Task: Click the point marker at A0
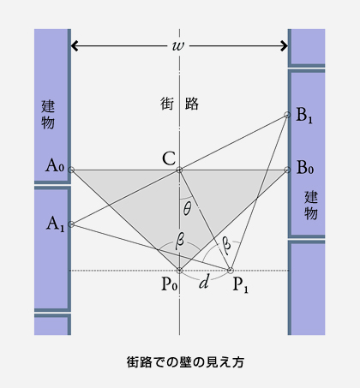(x=71, y=170)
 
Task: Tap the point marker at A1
(x=71, y=224)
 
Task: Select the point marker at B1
(x=287, y=115)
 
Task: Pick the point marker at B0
(x=287, y=170)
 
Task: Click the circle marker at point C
(x=179, y=170)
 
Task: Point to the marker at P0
(x=179, y=270)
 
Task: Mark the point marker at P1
(x=230, y=270)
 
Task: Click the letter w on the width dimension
(x=178, y=45)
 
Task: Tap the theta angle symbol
(x=187, y=209)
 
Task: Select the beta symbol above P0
(x=180, y=241)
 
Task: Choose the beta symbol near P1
(x=226, y=245)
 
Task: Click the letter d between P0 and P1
(x=204, y=282)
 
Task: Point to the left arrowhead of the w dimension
(x=75, y=45)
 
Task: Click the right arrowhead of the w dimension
(x=285, y=45)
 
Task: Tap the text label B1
(x=304, y=116)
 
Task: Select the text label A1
(x=56, y=224)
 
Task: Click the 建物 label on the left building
(x=48, y=115)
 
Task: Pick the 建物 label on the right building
(x=311, y=206)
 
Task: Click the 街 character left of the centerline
(x=167, y=104)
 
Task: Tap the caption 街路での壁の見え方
(x=185, y=362)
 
